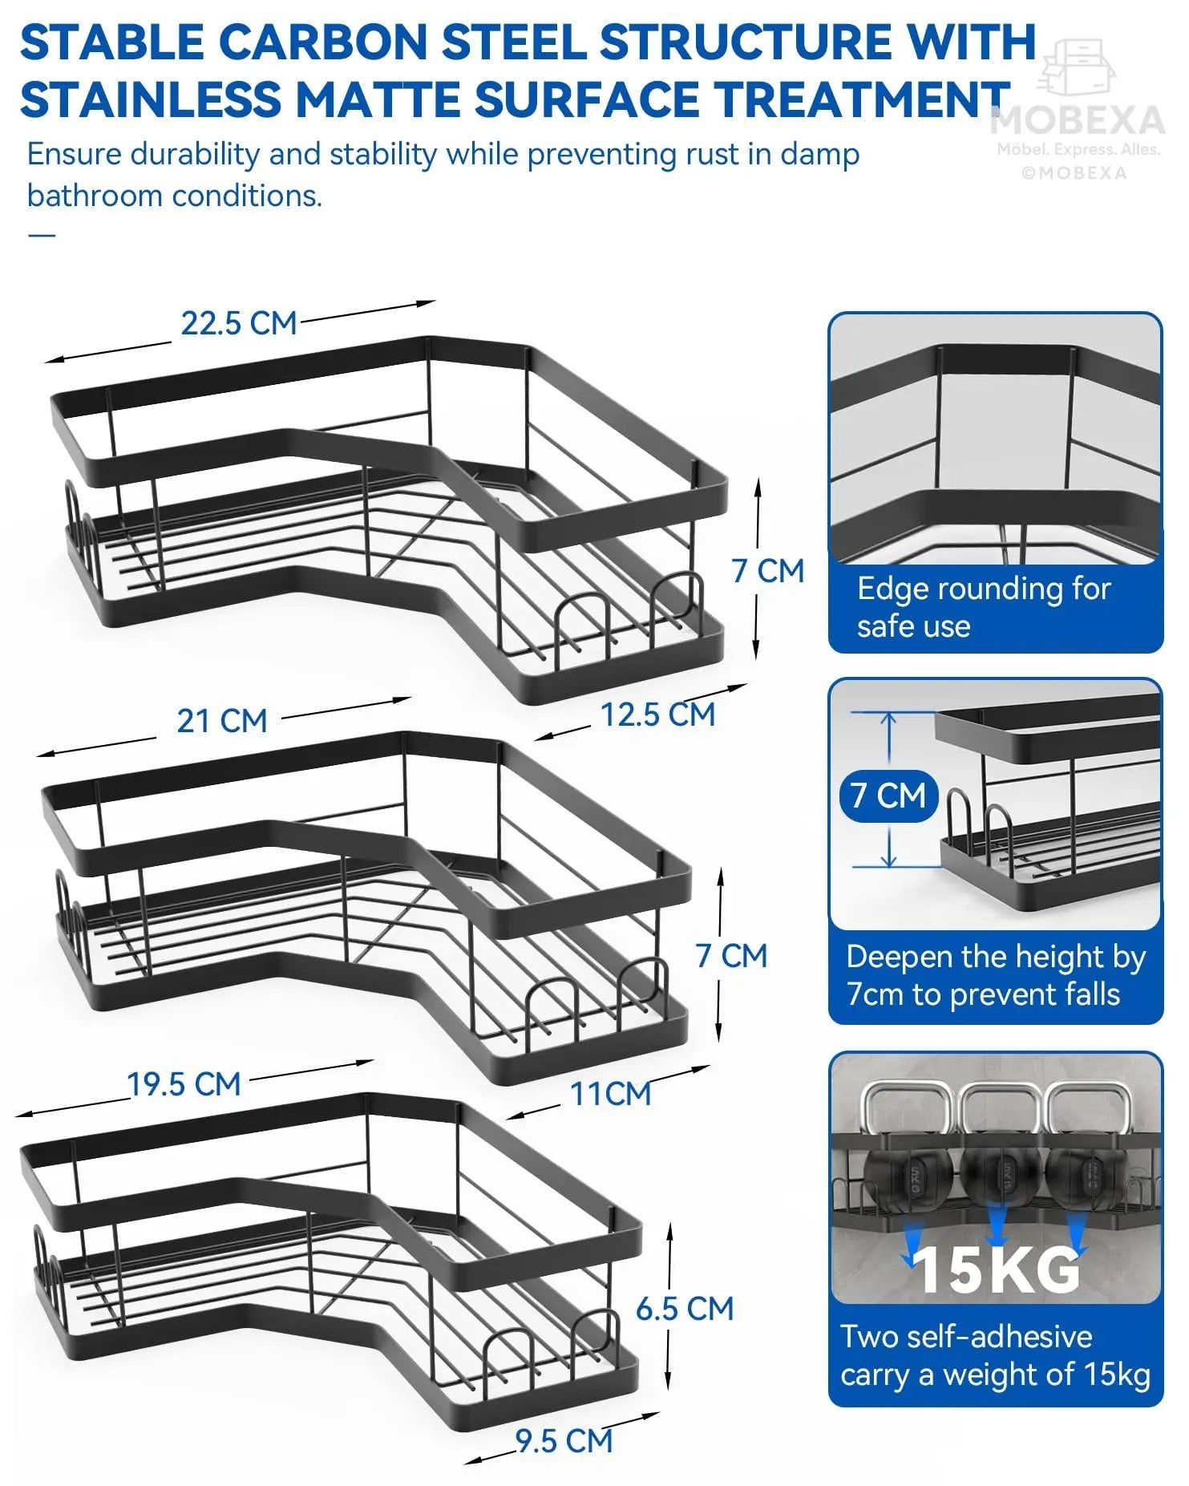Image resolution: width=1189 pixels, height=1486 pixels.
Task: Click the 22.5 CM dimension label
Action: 239,323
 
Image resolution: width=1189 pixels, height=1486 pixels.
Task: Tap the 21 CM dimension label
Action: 222,720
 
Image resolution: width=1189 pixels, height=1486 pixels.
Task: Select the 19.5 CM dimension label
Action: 184,1084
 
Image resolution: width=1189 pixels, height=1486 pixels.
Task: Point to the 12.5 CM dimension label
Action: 658,715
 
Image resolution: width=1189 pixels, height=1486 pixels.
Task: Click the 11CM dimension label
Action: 611,1094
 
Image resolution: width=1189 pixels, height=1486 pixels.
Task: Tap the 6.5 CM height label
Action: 685,1309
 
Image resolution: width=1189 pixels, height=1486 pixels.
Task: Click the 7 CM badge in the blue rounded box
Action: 888,796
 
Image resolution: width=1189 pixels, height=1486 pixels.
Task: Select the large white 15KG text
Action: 997,1269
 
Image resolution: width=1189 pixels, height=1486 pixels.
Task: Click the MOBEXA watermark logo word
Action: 1078,120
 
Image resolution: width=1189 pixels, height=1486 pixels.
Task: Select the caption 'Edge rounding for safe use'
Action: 984,607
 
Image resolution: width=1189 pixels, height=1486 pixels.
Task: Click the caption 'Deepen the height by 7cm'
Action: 996,975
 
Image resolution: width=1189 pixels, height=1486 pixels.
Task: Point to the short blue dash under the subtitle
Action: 42,235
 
